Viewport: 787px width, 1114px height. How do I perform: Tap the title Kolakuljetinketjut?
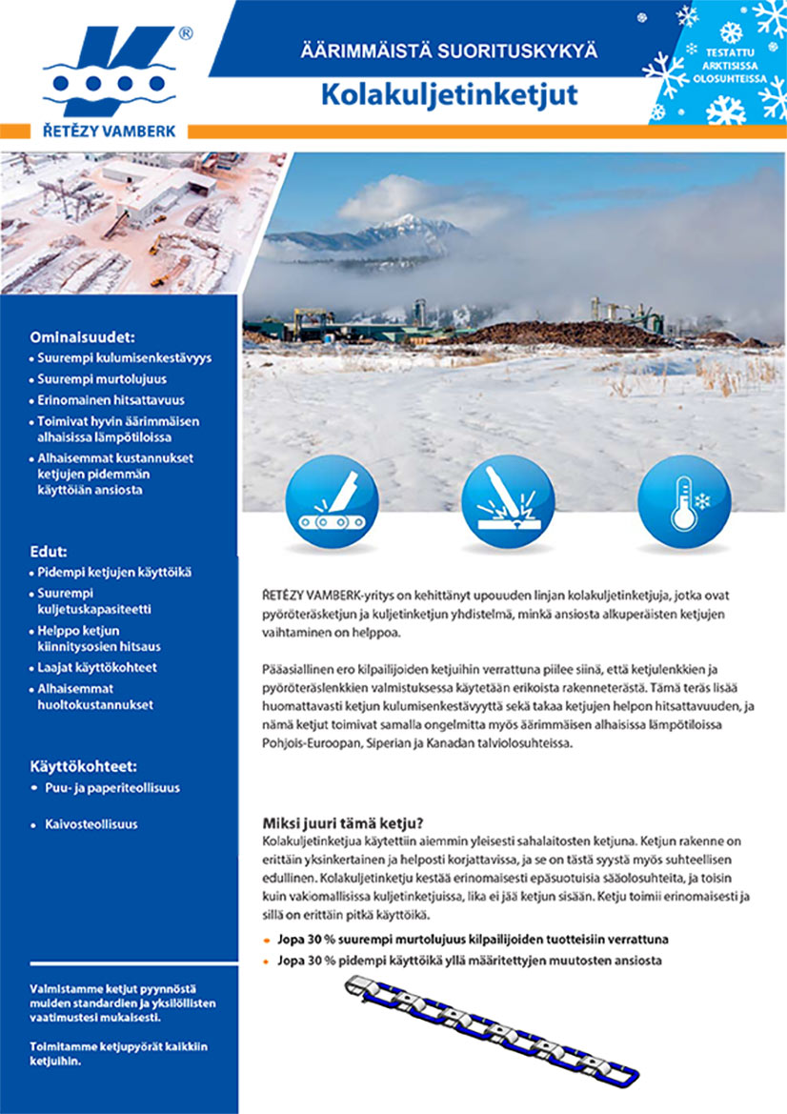[x=450, y=95]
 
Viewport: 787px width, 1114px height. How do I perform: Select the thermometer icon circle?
[x=683, y=501]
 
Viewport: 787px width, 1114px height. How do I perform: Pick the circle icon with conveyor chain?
[x=332, y=501]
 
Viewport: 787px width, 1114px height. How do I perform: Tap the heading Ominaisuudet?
[x=82, y=336]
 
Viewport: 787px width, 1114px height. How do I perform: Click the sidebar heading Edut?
[x=50, y=550]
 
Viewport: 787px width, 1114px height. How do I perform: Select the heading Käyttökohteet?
[x=85, y=765]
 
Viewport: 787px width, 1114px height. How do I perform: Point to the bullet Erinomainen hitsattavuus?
[x=111, y=400]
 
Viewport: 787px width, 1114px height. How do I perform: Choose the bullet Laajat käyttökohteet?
[x=97, y=668]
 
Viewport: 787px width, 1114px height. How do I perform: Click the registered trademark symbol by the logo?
[x=186, y=33]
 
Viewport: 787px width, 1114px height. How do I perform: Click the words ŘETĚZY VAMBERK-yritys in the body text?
[x=318, y=596]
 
